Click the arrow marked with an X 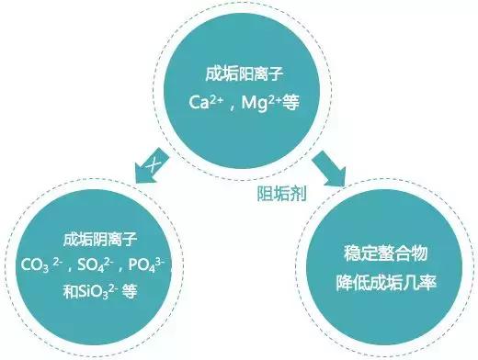(151, 168)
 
